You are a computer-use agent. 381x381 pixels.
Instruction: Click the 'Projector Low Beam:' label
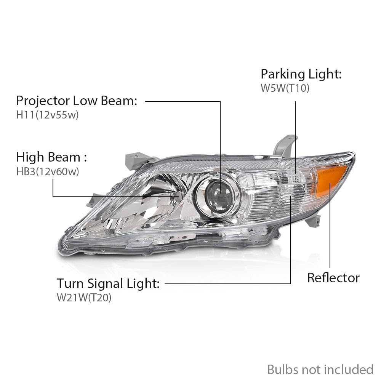77,101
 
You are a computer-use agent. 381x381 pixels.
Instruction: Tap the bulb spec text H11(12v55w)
47,115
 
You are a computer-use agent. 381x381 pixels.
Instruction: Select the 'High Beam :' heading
51,157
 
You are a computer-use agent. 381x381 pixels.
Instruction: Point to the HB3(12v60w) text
48,171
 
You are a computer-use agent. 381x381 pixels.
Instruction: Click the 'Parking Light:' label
301,74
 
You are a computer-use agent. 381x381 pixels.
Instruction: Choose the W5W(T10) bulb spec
285,88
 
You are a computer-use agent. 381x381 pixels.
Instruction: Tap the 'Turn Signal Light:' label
108,283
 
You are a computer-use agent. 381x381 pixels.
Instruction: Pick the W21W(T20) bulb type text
84,298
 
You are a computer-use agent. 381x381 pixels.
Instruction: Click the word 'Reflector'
333,278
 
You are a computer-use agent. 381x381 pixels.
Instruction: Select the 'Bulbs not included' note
320,370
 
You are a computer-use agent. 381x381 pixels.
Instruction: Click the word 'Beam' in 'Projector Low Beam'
119,101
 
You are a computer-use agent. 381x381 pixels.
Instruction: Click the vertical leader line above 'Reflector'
330,225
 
